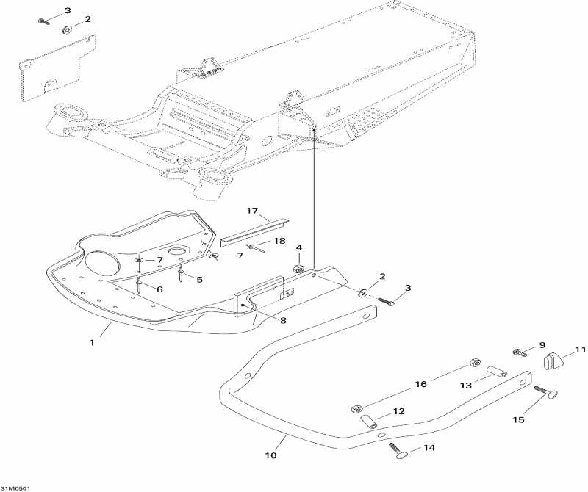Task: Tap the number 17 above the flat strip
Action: coord(252,211)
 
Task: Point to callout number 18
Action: coord(279,241)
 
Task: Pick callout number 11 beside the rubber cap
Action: coord(581,350)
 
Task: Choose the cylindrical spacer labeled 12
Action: coord(367,422)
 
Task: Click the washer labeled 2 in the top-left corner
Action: coord(68,30)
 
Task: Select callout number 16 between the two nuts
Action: coord(421,384)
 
